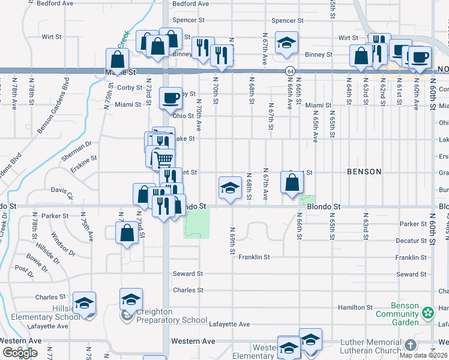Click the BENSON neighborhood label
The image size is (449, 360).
364,172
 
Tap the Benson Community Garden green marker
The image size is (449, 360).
427,312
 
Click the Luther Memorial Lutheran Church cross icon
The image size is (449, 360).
410,345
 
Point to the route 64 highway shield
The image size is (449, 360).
289,71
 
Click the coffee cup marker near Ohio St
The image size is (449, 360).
170,97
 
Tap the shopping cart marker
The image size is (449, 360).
163,159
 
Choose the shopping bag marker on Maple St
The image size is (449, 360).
118,60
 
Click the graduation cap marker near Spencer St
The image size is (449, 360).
286,43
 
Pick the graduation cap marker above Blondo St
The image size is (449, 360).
230,188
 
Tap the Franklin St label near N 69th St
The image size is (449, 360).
254,257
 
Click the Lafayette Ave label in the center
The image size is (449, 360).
229,324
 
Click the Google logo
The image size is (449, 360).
20,353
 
